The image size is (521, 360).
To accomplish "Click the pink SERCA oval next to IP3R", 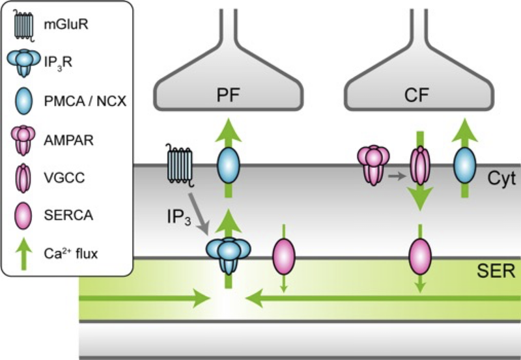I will [x=283, y=254].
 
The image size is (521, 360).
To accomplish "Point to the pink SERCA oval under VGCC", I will [x=420, y=254].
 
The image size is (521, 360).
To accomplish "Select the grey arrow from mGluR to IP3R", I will [x=199, y=215].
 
